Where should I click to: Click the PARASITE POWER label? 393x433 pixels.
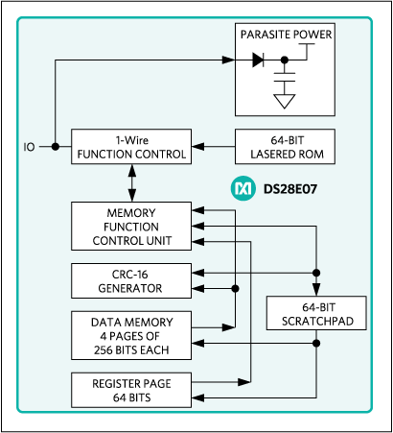287,36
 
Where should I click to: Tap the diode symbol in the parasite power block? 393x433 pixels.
259,60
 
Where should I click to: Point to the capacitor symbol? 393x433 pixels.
285,73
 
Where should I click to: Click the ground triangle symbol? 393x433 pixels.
285,100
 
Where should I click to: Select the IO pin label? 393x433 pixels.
30,147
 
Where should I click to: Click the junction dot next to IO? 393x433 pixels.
55,147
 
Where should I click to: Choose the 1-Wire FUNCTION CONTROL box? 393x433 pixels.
129,147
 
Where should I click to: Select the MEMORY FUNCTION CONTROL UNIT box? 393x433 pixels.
129,226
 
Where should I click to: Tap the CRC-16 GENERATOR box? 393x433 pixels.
129,279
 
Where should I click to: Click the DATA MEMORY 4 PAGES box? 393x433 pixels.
129,331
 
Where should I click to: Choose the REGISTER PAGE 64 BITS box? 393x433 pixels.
129,390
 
